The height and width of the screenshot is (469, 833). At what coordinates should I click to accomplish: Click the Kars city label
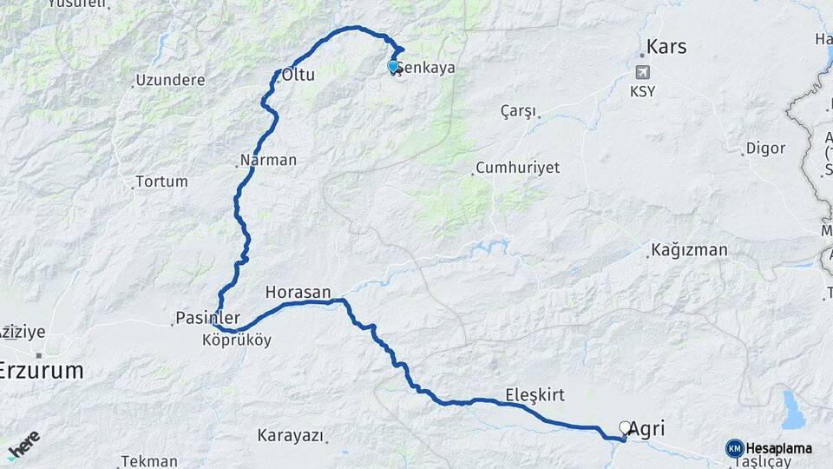(x=666, y=47)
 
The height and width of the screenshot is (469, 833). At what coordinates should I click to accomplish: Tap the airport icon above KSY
(x=642, y=72)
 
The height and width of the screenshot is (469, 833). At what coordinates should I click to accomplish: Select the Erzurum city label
(x=42, y=371)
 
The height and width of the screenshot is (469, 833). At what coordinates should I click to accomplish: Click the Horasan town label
(x=298, y=293)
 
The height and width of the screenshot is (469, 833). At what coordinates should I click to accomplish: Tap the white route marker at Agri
(x=625, y=427)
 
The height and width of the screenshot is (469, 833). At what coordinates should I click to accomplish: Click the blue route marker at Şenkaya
(x=393, y=66)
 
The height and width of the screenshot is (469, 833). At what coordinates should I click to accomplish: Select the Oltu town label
(x=298, y=76)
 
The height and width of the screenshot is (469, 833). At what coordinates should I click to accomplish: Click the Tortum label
(x=161, y=182)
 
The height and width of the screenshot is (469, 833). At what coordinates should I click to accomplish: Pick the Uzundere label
(x=170, y=81)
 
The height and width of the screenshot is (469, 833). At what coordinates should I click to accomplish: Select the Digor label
(x=766, y=149)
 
